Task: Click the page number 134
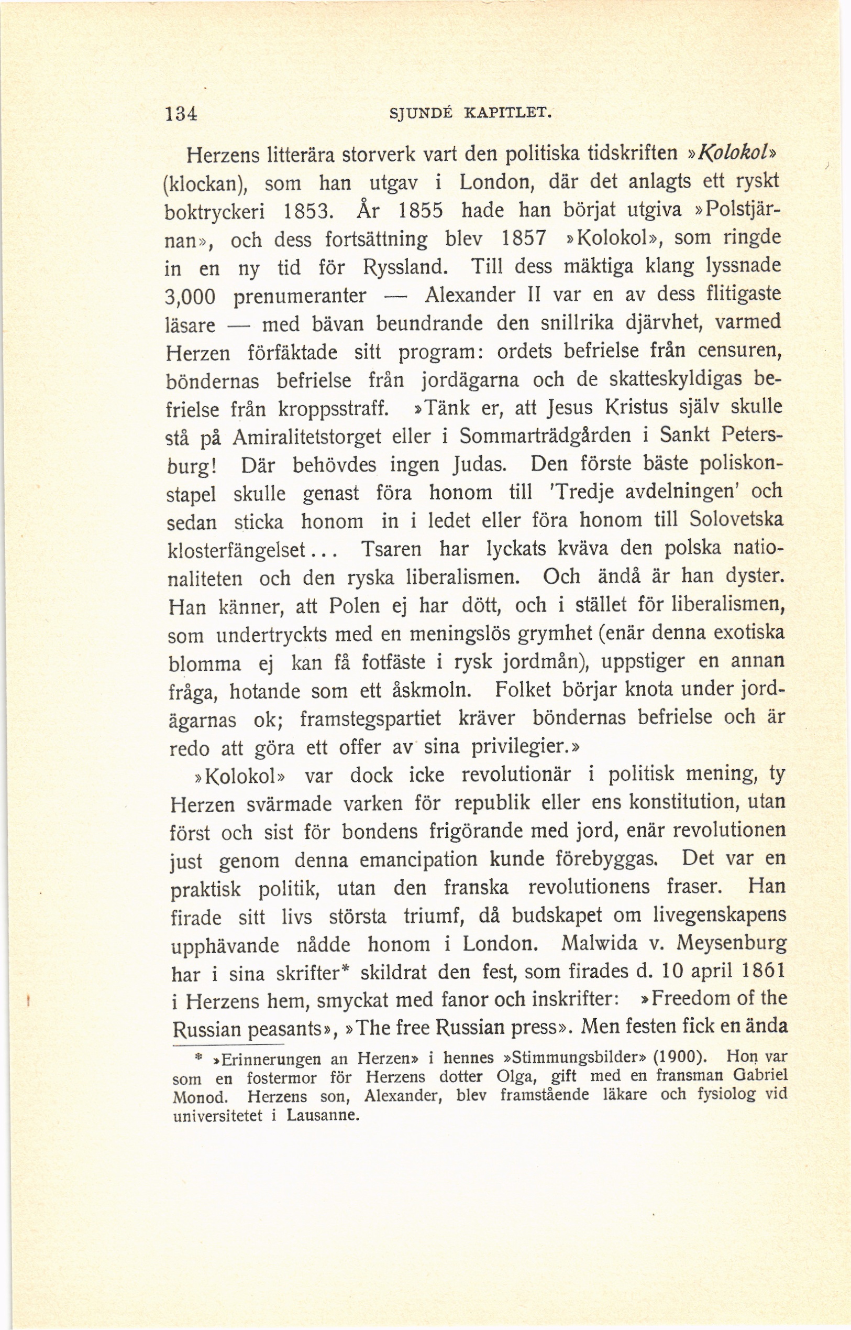[x=181, y=113]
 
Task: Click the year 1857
[x=523, y=238]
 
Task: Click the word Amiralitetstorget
[x=307, y=437]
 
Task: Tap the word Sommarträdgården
[x=545, y=435]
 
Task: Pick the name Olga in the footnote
[x=513, y=1076]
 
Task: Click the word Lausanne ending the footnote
[x=323, y=1115]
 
